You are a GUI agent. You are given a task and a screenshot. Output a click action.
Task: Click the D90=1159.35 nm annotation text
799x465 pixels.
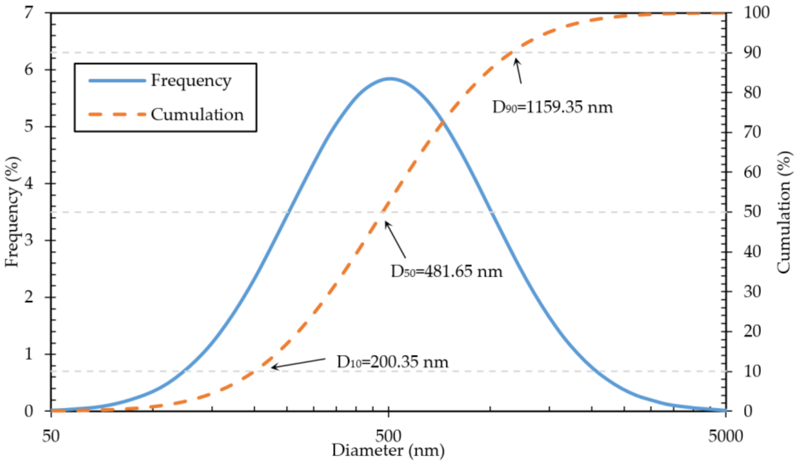click(x=552, y=107)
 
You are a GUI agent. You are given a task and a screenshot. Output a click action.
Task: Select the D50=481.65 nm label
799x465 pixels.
click(x=447, y=272)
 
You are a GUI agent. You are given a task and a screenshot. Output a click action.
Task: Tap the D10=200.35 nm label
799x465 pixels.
click(x=392, y=362)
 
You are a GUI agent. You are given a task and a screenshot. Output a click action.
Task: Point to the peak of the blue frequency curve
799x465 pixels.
click(x=390, y=78)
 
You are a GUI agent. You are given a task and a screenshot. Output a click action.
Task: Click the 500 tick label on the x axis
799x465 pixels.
click(x=389, y=436)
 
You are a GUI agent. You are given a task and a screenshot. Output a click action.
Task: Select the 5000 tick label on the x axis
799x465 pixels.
click(x=725, y=436)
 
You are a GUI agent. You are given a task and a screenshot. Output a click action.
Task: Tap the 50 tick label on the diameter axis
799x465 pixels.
click(x=51, y=436)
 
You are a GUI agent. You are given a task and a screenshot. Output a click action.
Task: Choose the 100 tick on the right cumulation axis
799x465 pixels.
click(x=756, y=13)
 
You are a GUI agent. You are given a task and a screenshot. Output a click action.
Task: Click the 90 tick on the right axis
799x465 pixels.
click(x=752, y=53)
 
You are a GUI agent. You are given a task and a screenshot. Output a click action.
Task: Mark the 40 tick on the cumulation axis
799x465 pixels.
click(x=752, y=252)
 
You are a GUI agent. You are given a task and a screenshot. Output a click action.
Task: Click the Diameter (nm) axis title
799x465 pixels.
click(x=388, y=450)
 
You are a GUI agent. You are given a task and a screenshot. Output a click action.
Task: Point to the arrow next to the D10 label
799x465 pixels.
click(x=298, y=363)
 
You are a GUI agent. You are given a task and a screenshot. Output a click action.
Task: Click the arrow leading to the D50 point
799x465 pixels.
click(x=395, y=240)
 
